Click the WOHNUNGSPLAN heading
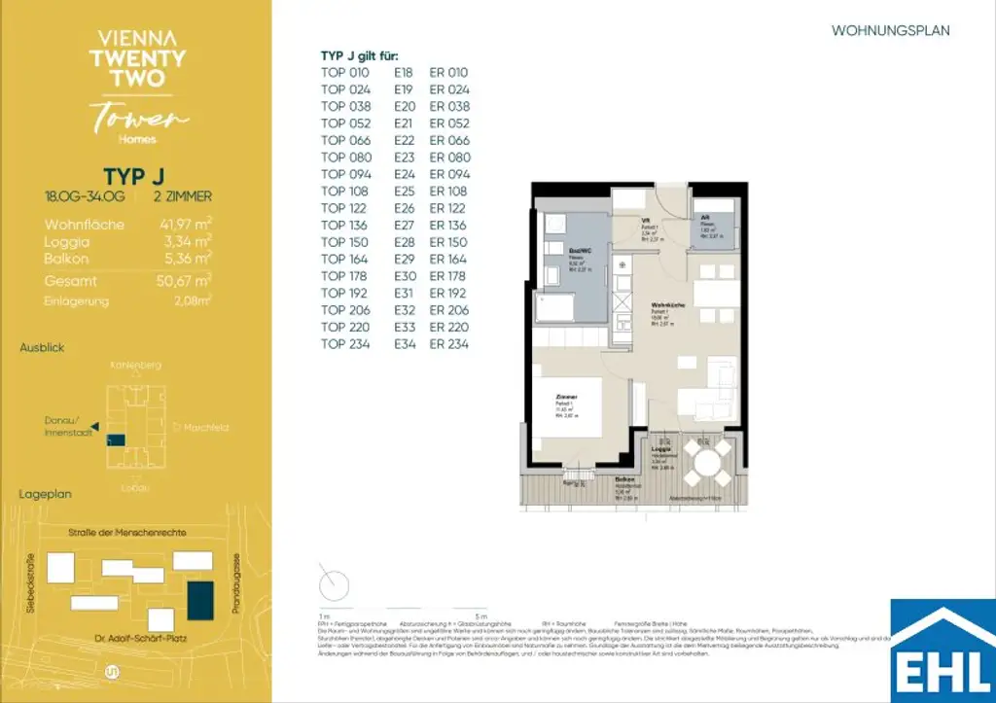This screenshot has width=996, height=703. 890,31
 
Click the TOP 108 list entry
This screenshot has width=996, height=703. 346,192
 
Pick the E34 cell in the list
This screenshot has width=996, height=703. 404,344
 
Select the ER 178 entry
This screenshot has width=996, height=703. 449,276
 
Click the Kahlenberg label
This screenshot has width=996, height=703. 136,365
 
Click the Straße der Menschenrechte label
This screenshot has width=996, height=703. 127,531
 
